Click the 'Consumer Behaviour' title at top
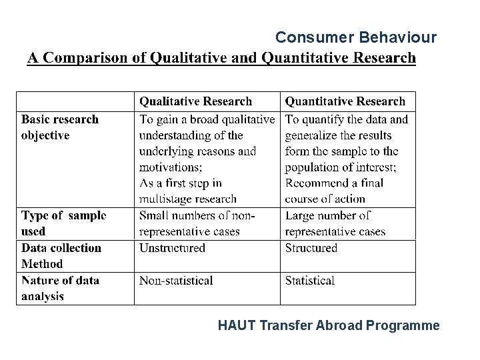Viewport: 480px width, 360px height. tap(356, 37)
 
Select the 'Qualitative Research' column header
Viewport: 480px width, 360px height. tap(195, 101)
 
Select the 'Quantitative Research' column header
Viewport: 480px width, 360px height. tap(345, 101)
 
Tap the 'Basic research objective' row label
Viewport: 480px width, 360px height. tap(59, 127)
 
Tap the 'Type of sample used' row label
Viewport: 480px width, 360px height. tap(63, 223)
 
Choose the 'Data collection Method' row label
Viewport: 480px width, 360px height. tap(61, 255)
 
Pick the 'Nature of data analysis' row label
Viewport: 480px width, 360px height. tap(60, 288)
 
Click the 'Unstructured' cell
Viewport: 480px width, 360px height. tap(172, 248)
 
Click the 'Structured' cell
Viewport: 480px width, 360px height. tap(311, 248)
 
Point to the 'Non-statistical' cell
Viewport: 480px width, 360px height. tap(176, 281)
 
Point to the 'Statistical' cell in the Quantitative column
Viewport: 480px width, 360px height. tap(310, 281)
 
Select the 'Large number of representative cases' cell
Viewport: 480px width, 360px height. tap(335, 223)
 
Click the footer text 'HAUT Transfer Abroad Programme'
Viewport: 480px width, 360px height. tap(329, 326)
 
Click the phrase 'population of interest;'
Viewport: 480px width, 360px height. tap(341, 167)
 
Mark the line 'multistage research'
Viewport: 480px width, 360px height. tap(187, 199)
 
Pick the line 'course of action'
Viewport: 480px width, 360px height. tap(325, 199)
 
